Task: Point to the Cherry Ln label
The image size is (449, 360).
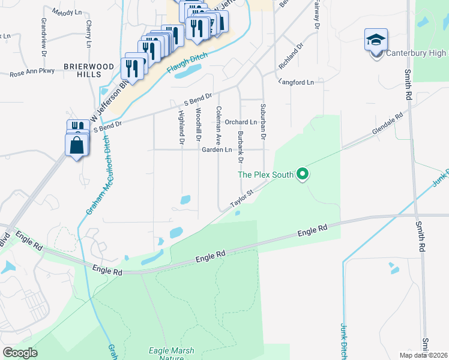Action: [88, 34]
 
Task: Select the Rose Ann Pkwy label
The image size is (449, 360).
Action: [32, 73]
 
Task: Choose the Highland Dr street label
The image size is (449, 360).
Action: [181, 128]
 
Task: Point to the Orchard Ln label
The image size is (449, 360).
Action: [241, 122]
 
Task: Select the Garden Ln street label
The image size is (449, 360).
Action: [217, 149]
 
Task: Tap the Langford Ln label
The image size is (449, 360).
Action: [295, 81]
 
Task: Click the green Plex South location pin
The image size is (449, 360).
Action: [303, 175]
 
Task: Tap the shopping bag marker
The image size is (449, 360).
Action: [77, 145]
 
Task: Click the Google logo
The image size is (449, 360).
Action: [20, 352]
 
